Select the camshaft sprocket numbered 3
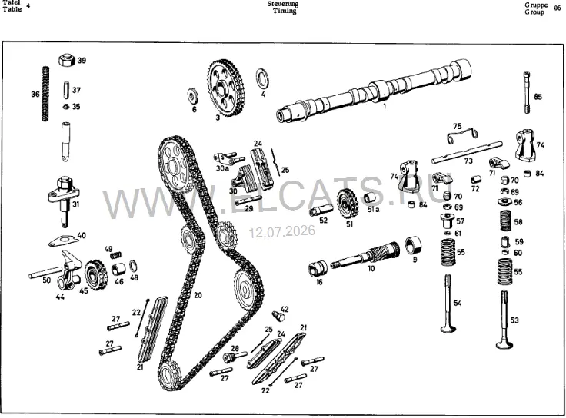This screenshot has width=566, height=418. pyautogui.click(x=226, y=88)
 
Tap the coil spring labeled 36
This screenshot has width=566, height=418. pyautogui.click(x=45, y=94)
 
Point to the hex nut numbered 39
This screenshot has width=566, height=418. pyautogui.click(x=67, y=59)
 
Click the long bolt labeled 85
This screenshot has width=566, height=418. pyautogui.click(x=528, y=93)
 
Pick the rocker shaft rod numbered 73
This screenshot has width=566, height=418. pyautogui.click(x=467, y=152)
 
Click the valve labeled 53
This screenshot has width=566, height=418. pyautogui.click(x=504, y=319)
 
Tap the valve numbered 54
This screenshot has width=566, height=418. pyautogui.click(x=448, y=303)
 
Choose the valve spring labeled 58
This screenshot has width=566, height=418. pyautogui.click(x=506, y=221)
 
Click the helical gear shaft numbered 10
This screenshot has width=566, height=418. pyautogui.click(x=365, y=255)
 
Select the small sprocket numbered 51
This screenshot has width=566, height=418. pyautogui.click(x=348, y=204)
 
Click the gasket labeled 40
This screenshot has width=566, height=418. pyautogui.click(x=65, y=241)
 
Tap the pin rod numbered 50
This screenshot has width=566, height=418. pyautogui.click(x=46, y=272)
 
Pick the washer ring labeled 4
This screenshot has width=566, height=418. pyautogui.click(x=261, y=78)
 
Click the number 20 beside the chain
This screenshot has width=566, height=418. pyautogui.click(x=198, y=295)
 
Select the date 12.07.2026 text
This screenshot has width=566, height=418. pyautogui.click(x=282, y=231)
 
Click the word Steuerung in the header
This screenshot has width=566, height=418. pyautogui.click(x=283, y=4)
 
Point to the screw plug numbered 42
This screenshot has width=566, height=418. pyautogui.click(x=278, y=316)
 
